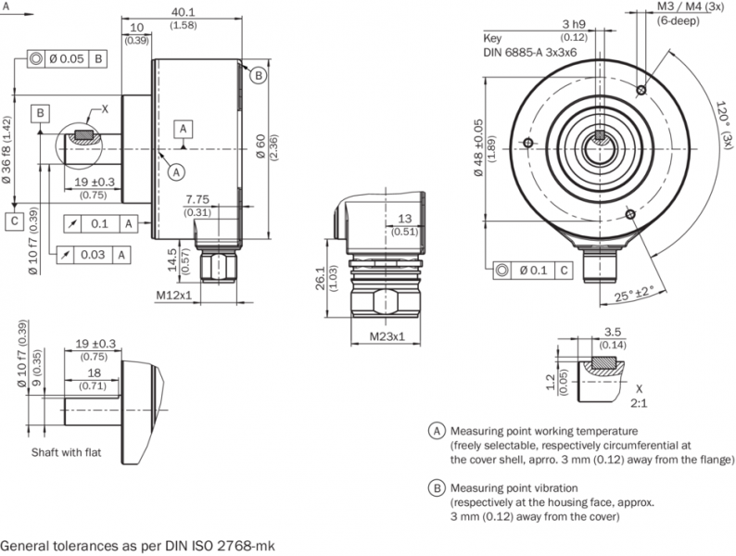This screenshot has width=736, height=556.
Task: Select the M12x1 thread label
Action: pyautogui.click(x=172, y=296)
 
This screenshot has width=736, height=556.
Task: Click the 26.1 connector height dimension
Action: pyautogui.click(x=321, y=276)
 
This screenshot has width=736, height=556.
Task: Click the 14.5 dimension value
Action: pyautogui.click(x=171, y=257)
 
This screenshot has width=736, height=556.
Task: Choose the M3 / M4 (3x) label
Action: pyautogui.click(x=690, y=6)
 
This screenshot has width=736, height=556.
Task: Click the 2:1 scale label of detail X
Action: pyautogui.click(x=639, y=404)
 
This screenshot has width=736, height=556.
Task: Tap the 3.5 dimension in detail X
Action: pyautogui.click(x=611, y=331)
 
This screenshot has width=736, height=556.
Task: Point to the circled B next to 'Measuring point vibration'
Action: pyautogui.click(x=436, y=487)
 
